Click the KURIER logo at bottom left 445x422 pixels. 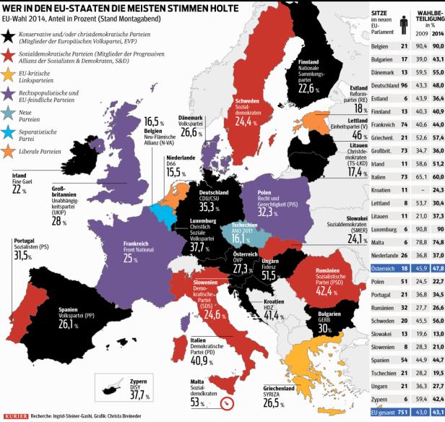[14, 415]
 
